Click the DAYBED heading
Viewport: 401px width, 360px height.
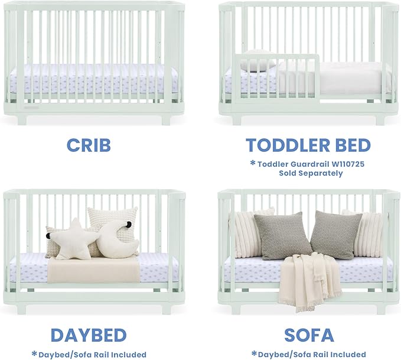tap(88, 335)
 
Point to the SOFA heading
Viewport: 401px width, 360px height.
tap(309, 335)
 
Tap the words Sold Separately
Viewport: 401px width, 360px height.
tap(311, 173)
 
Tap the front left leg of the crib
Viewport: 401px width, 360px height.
tap(21, 119)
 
